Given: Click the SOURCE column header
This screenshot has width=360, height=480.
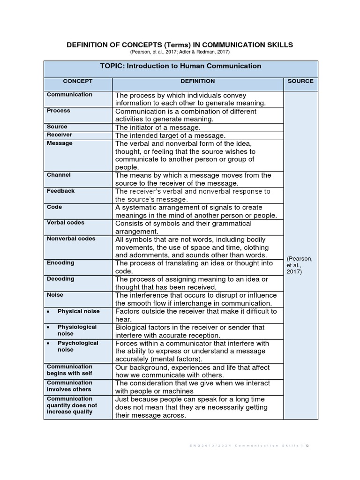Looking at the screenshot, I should [x=300, y=81].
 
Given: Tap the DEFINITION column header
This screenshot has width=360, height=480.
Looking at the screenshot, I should [x=198, y=81].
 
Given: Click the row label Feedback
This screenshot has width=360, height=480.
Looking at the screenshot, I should [x=61, y=191].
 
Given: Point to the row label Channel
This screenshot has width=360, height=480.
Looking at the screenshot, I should [x=59, y=175].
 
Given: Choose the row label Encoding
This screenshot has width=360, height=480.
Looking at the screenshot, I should [x=60, y=263].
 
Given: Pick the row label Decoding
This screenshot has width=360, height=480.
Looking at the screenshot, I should [x=60, y=279].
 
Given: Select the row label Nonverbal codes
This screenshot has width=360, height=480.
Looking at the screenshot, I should [x=71, y=239].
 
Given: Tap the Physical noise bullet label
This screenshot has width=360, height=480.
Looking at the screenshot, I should [x=79, y=311].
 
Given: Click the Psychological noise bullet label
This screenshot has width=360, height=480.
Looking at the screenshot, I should [x=78, y=346].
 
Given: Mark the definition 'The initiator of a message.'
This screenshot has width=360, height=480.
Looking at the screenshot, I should [x=157, y=127].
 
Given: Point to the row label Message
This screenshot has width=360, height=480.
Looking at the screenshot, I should [x=60, y=143].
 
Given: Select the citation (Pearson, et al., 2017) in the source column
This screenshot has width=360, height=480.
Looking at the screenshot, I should [x=300, y=265].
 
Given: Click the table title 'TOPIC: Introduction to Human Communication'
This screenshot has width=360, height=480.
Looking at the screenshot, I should [x=180, y=66].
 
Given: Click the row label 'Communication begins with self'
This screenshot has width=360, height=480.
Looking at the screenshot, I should [x=70, y=370].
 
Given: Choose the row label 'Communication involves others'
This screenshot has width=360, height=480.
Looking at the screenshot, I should [x=69, y=386].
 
